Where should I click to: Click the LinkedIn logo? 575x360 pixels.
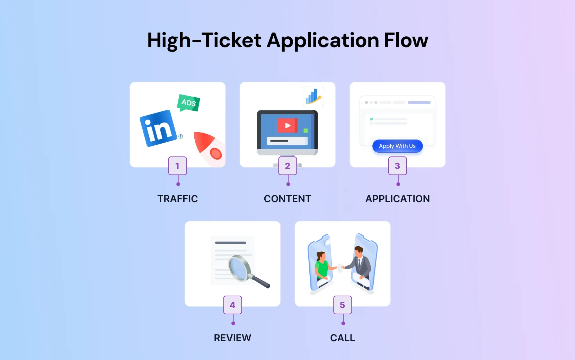pos(158,128)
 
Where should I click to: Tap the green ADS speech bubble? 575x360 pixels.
pos(188,103)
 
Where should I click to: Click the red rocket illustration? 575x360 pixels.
pos(209,148)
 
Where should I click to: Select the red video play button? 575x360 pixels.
pos(287,125)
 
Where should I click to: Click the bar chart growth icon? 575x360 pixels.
pos(313,97)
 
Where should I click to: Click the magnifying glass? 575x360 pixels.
pos(247,271)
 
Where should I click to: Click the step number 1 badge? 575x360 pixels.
pos(177,166)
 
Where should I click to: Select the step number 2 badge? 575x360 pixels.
pos(287,166)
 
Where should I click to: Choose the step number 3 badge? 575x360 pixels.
pos(397,166)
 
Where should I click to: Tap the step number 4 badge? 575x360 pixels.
pos(232,305)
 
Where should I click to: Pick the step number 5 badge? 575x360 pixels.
pos(343,305)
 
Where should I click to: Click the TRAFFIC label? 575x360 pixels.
pos(178,199)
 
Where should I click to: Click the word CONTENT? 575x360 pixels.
pos(287,199)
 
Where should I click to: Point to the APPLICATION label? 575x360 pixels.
pos(398,199)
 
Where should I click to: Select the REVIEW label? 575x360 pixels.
pos(232,338)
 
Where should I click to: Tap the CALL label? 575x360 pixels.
pos(343,338)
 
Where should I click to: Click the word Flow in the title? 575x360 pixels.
pos(406,40)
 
